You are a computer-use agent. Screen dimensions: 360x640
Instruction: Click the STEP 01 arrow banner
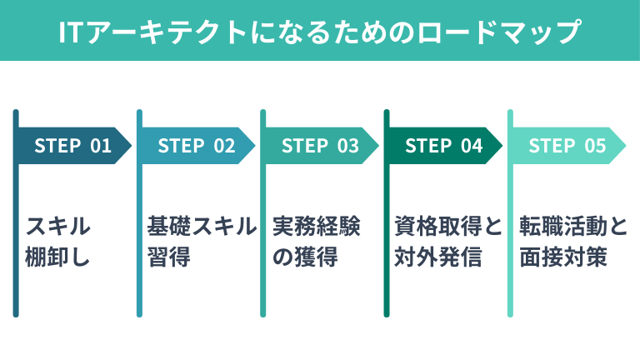(73, 146)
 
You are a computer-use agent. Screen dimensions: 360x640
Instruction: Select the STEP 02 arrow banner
(197, 146)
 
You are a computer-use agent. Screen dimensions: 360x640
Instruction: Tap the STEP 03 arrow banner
(320, 146)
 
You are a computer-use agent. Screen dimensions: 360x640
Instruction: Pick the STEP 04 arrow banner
(443, 146)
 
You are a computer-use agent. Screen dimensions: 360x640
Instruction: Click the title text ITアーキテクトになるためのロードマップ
(320, 32)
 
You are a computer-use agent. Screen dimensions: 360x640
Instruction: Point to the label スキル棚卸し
(57, 242)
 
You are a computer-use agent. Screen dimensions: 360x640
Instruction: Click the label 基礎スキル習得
(201, 242)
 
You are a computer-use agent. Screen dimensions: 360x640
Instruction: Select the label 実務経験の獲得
(317, 242)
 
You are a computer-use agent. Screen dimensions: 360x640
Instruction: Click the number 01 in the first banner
(100, 146)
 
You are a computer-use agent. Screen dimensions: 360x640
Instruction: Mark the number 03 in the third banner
(347, 146)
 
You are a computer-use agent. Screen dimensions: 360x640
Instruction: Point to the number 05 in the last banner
(594, 146)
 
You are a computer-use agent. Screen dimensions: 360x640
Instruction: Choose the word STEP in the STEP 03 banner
(304, 146)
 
